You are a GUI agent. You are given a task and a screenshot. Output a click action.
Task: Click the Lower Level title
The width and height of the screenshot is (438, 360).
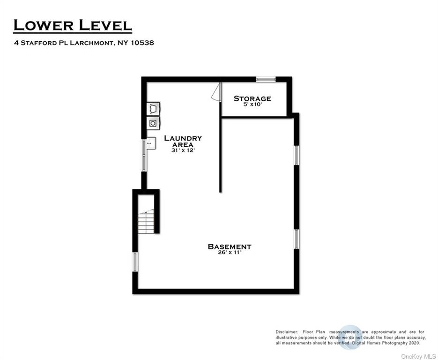[x=72, y=25]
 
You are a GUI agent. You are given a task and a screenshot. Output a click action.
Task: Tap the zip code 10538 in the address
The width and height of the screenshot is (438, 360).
[x=142, y=43]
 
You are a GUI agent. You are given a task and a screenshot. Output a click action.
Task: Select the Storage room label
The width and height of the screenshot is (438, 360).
[x=252, y=98]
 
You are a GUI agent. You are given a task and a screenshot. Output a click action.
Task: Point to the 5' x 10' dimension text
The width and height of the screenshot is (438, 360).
[x=252, y=105]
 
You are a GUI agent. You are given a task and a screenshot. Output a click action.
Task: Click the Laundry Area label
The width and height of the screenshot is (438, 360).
[x=183, y=141]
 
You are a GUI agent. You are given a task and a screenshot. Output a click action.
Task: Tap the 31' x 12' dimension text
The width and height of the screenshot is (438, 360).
[x=183, y=150]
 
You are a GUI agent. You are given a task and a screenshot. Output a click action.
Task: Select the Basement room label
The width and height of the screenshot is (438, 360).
[x=230, y=246]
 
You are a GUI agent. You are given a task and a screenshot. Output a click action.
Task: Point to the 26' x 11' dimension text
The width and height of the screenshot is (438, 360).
[x=230, y=252]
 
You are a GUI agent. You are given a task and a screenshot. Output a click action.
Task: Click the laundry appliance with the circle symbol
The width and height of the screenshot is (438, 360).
[x=153, y=123]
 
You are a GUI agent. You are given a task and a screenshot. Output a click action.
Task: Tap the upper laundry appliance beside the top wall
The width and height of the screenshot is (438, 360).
[x=153, y=108]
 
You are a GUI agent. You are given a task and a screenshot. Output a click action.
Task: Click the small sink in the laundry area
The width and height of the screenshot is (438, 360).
[x=151, y=143]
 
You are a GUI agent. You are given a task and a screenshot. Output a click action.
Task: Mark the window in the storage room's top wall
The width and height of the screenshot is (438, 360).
[x=266, y=79]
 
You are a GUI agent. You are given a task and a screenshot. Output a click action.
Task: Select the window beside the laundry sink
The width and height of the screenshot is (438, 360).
[x=144, y=156]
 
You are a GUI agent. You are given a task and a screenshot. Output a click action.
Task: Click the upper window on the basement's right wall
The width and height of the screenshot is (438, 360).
[x=297, y=155]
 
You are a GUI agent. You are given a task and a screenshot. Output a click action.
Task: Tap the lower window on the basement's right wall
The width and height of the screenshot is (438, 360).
[x=297, y=239]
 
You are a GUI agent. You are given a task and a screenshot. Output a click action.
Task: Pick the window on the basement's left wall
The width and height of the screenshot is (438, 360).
[x=135, y=262]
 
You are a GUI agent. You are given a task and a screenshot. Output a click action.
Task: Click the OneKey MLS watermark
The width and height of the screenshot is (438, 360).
[x=418, y=357]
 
